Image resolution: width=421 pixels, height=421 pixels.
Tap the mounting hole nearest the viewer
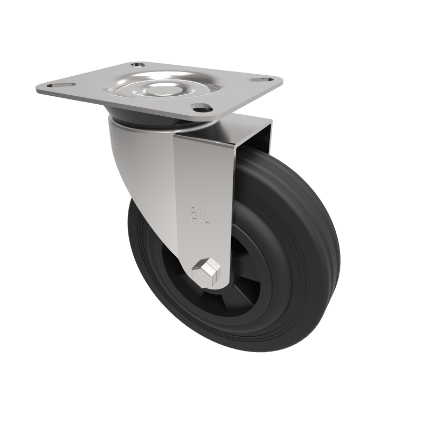point(201,108)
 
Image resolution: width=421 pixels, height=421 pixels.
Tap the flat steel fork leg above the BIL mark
point(203,168)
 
